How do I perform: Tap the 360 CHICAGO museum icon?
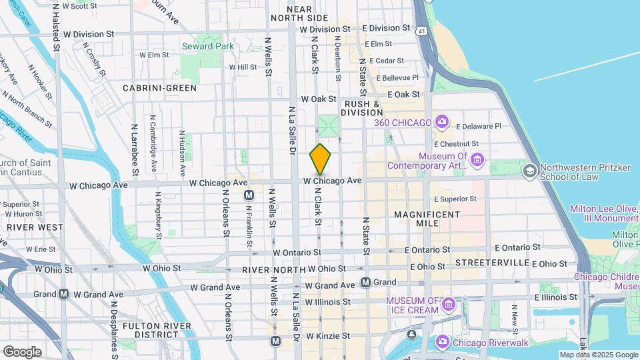pyautogui.click(x=441, y=121)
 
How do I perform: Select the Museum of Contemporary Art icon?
pyautogui.click(x=477, y=160)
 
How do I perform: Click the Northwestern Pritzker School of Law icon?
pyautogui.click(x=530, y=171)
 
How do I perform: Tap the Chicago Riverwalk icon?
pyautogui.click(x=441, y=343)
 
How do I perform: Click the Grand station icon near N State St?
pyautogui.click(x=365, y=282)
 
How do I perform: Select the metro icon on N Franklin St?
pyautogui.click(x=249, y=195)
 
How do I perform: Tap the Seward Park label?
pyautogui.click(x=207, y=47)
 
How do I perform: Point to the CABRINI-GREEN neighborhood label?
pyautogui.click(x=159, y=88)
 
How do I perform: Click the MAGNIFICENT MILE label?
pyautogui.click(x=427, y=219)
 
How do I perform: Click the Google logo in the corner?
pyautogui.click(x=22, y=351)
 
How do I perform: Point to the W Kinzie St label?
pyautogui.click(x=327, y=336)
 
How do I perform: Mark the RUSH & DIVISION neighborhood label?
pyautogui.click(x=362, y=109)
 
